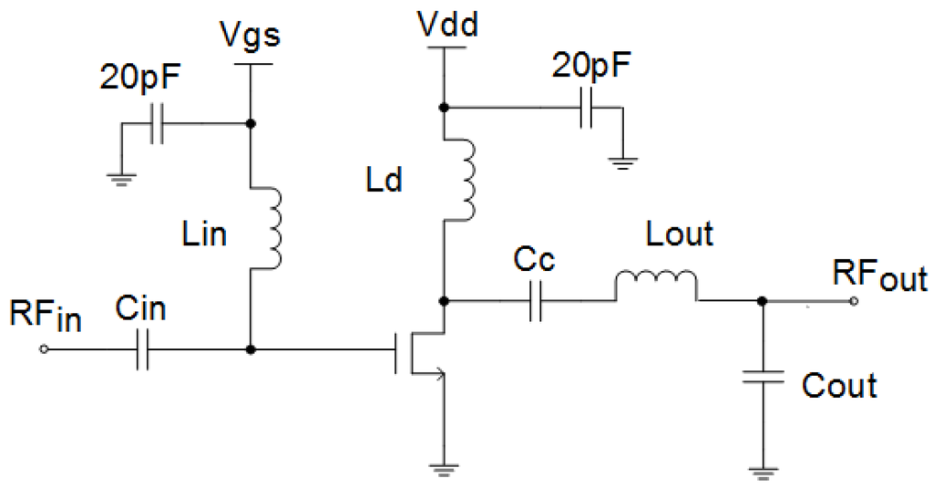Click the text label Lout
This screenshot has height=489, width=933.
click(679, 235)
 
